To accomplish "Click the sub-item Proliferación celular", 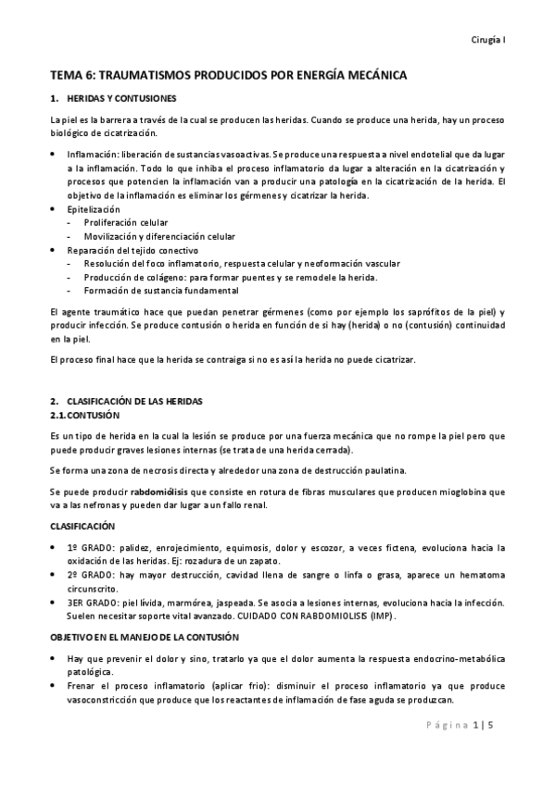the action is click(127, 223).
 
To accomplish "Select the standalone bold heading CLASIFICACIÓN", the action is click(88, 525).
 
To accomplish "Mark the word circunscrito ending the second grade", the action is click(93, 588).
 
